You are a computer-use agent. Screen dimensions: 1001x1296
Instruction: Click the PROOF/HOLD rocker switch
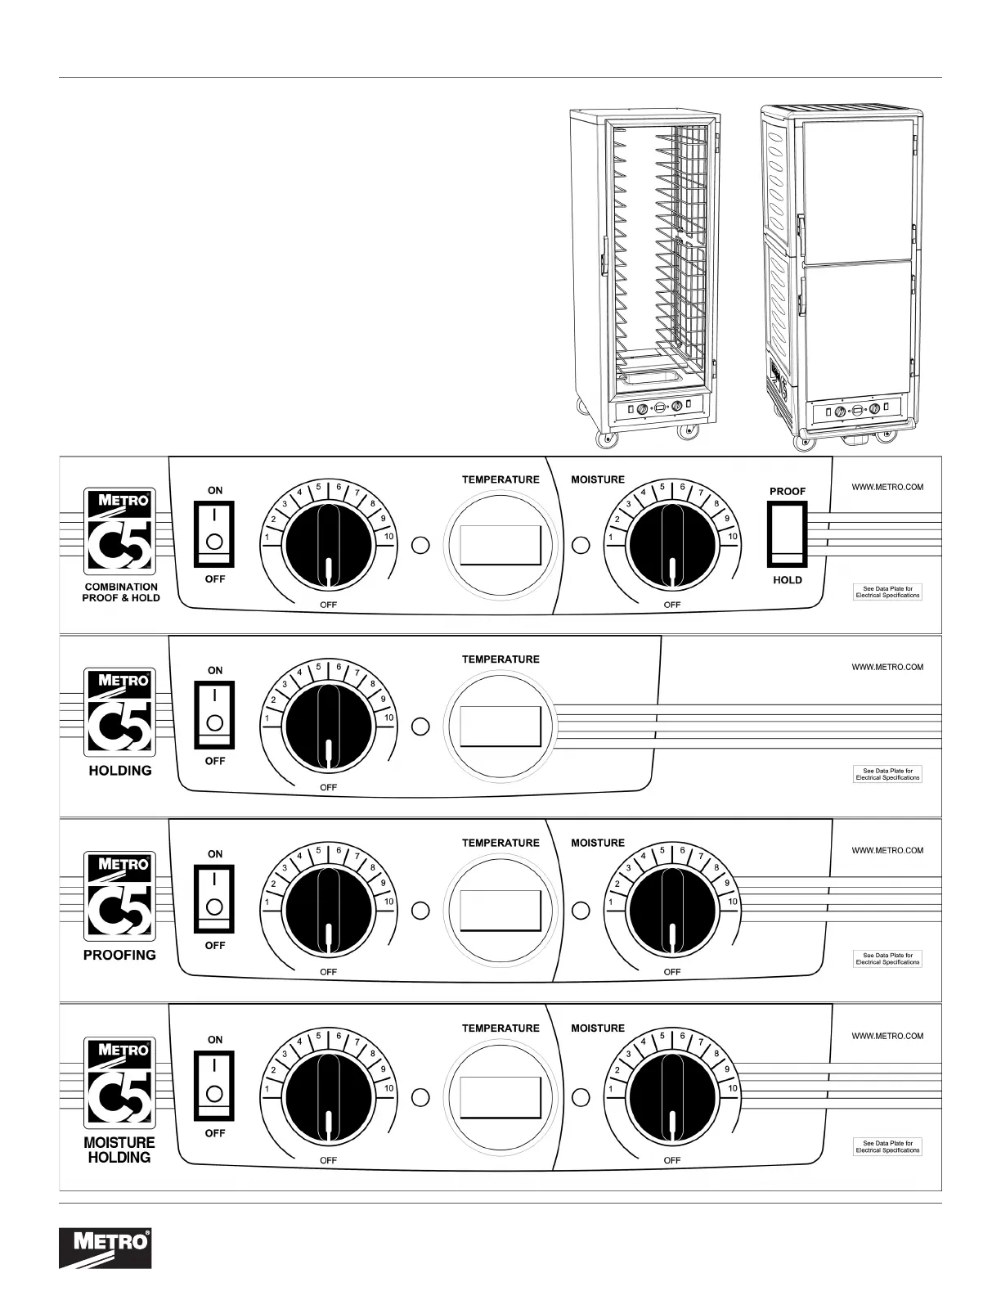point(787,534)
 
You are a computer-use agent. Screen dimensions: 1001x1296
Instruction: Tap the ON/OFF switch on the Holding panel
point(214,715)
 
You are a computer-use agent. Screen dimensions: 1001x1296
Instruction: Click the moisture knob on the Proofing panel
point(671,910)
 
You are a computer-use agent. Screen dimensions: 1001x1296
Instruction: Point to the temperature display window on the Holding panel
point(500,726)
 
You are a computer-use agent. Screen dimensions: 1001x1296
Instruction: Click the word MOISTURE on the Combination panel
point(597,479)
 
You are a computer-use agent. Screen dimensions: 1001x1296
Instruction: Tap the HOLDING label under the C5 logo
point(120,771)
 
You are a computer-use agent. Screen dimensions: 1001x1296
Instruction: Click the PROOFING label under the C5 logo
point(119,955)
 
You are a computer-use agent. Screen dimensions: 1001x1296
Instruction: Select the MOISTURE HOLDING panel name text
point(119,1150)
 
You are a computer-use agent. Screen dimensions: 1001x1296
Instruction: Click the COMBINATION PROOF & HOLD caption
point(121,592)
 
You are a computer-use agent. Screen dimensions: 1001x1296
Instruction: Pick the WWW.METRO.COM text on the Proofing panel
point(887,850)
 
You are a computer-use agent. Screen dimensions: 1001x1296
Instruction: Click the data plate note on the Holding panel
point(887,774)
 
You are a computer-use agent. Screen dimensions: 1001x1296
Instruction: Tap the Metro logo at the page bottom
point(105,1249)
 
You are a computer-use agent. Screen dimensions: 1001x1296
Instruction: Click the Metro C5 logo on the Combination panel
point(119,532)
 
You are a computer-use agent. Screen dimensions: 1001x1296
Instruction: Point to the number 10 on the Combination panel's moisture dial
point(733,537)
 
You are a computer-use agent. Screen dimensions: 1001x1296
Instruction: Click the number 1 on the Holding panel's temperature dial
point(267,718)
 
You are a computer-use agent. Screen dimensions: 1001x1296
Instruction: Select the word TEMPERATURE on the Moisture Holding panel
point(500,1028)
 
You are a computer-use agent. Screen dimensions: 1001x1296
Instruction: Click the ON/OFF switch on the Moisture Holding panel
point(214,1086)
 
